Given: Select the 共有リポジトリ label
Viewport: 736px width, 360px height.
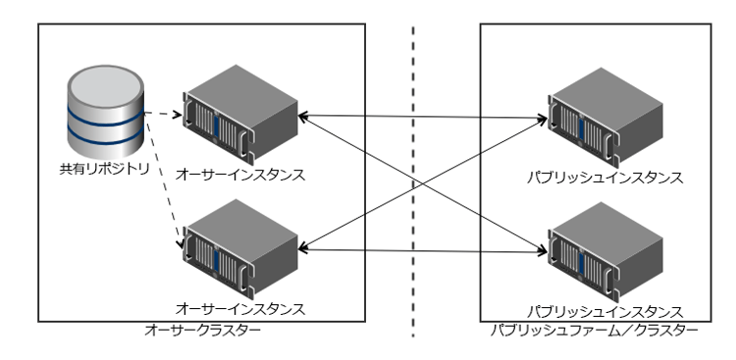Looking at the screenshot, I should [x=103, y=168].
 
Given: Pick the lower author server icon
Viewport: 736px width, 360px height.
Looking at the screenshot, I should [x=240, y=245].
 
